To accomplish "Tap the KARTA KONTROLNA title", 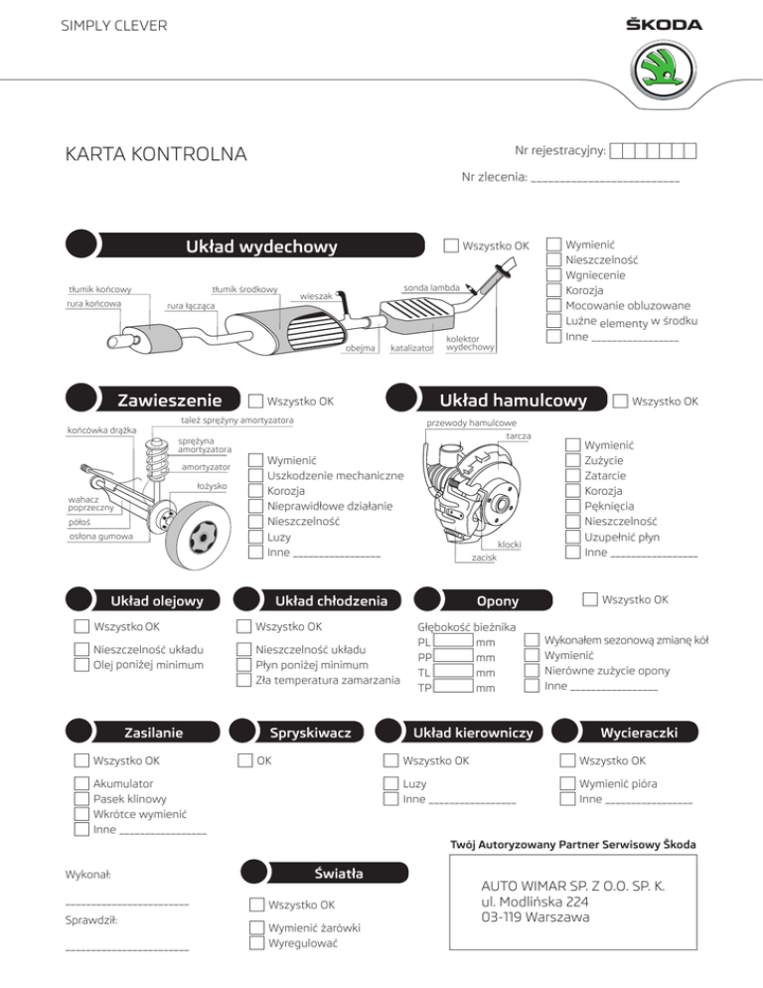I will pos(155,154).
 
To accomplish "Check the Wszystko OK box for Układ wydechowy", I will pos(452,246).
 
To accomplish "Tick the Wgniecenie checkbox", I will pos(554,275).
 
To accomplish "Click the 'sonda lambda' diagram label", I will pos(430,287).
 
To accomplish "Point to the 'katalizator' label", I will pos(410,349).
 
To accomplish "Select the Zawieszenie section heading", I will pos(169,401).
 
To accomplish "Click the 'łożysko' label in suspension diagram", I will pos(212,486).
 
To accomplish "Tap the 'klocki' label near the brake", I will pos(509,546).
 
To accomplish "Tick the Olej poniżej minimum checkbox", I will pos(82,665).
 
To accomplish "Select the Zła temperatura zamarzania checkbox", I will pos(245,680).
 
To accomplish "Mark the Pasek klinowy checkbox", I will pos(82,798).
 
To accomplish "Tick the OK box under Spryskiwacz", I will pos(245,761).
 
